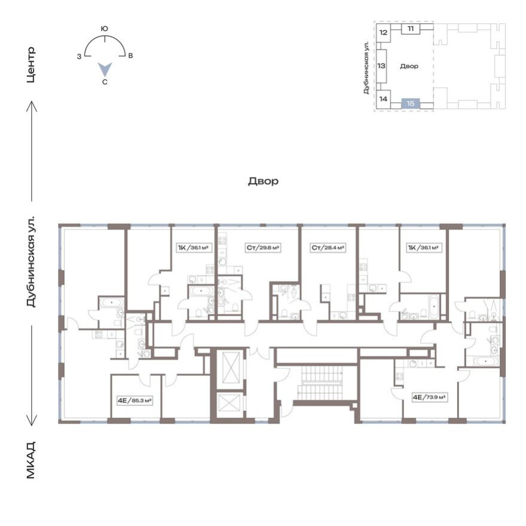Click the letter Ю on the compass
coord(105,28)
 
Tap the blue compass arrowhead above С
coord(105,69)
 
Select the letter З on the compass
coord(79,56)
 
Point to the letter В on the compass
coord(130,56)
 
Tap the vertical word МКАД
coord(32,460)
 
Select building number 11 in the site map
coord(411,29)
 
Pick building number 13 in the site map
coord(381,66)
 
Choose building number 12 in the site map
coord(384,32)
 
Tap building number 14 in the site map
coord(384,99)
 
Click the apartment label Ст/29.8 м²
coord(263,247)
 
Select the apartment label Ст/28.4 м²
coord(328,247)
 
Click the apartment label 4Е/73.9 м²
coord(430,396)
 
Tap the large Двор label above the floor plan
coord(263,181)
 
